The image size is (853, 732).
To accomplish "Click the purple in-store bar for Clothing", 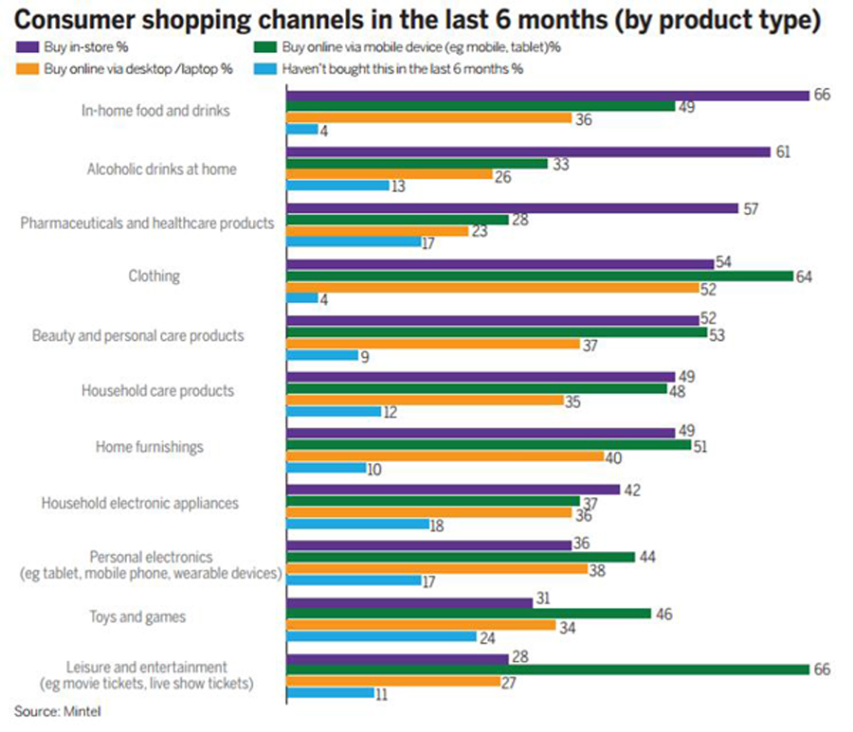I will pyautogui.click(x=499, y=263).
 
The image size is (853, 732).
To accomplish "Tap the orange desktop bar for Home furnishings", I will pyautogui.click(x=445, y=456).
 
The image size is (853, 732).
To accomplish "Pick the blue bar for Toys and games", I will pyautogui.click(x=380, y=636).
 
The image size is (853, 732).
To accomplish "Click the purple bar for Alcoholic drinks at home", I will pyautogui.click(x=529, y=152).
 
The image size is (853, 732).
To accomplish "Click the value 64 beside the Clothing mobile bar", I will pyautogui.click(x=805, y=275).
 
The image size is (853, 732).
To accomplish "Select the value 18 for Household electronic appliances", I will pyautogui.click(x=437, y=524).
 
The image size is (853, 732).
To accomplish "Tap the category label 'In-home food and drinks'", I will pyautogui.click(x=156, y=111).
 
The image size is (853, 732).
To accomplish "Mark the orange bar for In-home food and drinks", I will pyautogui.click(x=428, y=118).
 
